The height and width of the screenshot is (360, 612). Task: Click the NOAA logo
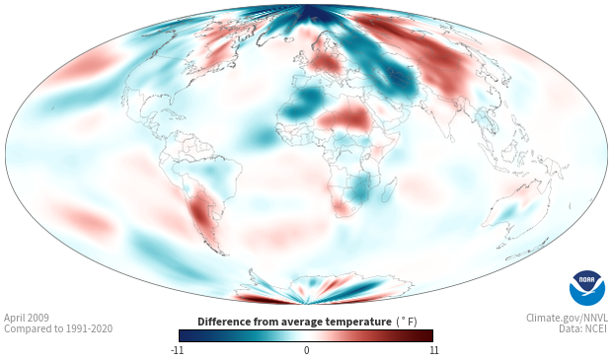click(587, 288)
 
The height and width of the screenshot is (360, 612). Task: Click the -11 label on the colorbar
click(178, 350)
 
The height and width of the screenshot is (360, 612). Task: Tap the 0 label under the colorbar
click(306, 350)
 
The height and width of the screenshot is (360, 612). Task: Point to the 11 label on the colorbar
click(433, 350)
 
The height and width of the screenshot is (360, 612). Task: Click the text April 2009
click(27, 318)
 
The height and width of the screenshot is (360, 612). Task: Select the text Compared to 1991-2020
click(58, 328)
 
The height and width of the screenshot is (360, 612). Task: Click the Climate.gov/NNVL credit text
click(567, 318)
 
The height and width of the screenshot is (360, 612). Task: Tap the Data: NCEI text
click(583, 328)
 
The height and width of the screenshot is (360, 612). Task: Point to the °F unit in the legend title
click(407, 322)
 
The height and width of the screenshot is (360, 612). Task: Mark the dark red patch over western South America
click(201, 213)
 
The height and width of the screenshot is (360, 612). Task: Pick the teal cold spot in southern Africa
click(360, 188)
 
